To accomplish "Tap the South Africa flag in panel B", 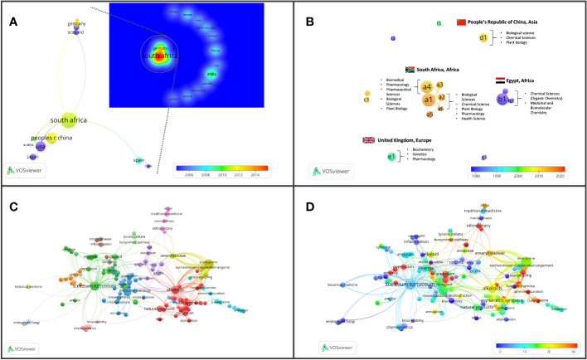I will point(410,70).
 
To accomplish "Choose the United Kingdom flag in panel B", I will point(369,139).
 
